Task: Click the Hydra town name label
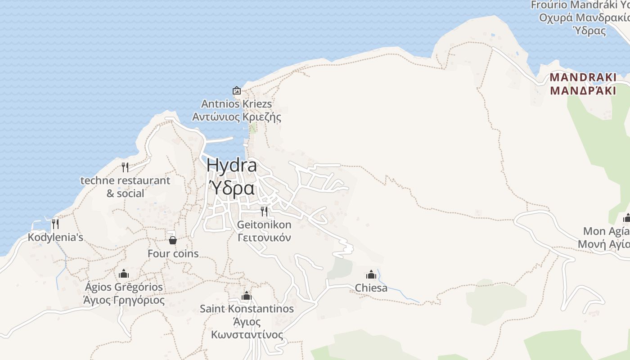point(232,166)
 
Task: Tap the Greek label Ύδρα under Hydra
point(233,188)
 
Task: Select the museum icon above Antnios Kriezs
point(237,90)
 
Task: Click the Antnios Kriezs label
point(237,104)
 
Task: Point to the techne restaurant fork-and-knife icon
point(125,167)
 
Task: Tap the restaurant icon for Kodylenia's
point(55,224)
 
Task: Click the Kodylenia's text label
point(55,237)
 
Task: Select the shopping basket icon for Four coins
point(173,240)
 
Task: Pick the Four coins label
point(173,254)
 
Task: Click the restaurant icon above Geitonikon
point(264,211)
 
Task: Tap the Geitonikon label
point(264,225)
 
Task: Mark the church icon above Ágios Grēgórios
point(124,274)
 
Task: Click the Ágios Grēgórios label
point(124,287)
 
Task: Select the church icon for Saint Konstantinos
point(246,296)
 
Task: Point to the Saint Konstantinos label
point(247,309)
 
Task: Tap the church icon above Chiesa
point(371,274)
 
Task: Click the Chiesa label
point(371,288)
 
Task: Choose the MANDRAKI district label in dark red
point(583,77)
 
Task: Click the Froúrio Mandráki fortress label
point(580,5)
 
